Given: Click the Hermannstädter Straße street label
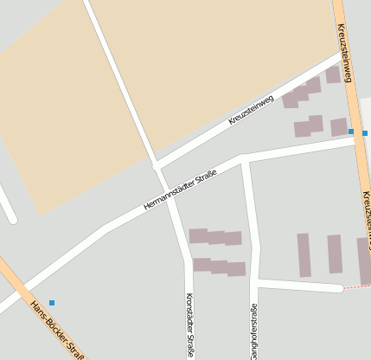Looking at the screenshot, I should pos(180,190).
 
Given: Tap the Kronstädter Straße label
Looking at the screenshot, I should pos(189,325).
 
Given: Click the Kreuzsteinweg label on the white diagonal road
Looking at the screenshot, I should pos(251,110).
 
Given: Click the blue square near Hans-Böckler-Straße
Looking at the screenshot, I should pos(52,302).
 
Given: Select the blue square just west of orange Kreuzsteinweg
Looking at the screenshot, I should pos(351,132).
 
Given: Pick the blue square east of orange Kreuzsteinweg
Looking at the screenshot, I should pos(365,132).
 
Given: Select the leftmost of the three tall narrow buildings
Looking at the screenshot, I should pos(304,255).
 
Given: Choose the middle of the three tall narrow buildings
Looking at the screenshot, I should pos(334,254).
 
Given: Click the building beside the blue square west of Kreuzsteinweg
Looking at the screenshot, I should pos(338,127).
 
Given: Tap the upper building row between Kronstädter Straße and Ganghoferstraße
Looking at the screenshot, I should pos(215,236).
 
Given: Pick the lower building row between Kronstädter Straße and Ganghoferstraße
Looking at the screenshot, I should pos(219,267).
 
